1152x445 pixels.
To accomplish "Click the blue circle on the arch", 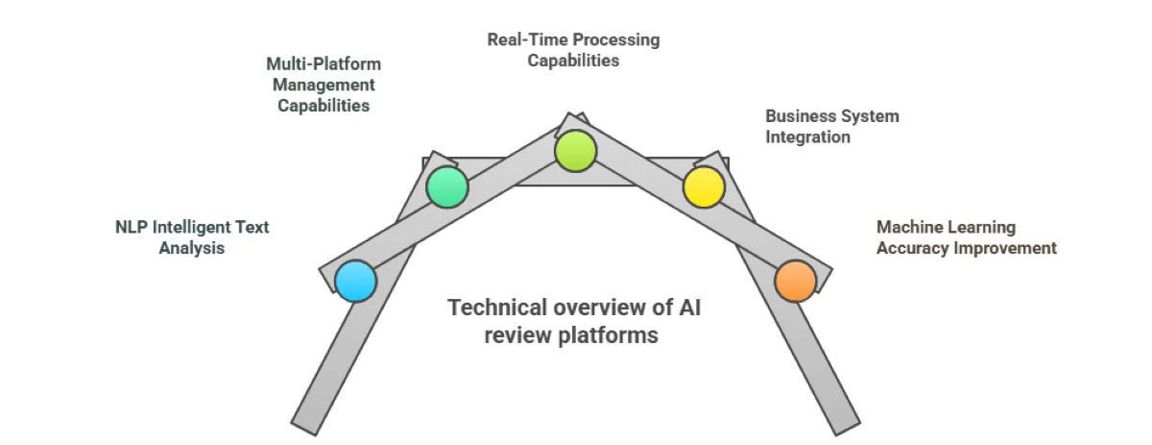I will pyautogui.click(x=355, y=282).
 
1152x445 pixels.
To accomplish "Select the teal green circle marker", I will pyautogui.click(x=446, y=186).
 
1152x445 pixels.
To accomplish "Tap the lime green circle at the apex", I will pyautogui.click(x=576, y=151).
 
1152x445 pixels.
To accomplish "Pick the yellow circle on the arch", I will pyautogui.click(x=703, y=186).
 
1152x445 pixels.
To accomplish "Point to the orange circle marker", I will pyautogui.click(x=796, y=281).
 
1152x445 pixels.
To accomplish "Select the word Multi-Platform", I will pyautogui.click(x=324, y=64).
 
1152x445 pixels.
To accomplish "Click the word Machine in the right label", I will pyautogui.click(x=908, y=228).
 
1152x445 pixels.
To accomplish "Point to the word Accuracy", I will pyautogui.click(x=912, y=248).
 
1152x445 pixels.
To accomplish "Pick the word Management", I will pyautogui.click(x=324, y=85).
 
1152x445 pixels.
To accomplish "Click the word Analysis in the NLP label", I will pyautogui.click(x=191, y=248).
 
